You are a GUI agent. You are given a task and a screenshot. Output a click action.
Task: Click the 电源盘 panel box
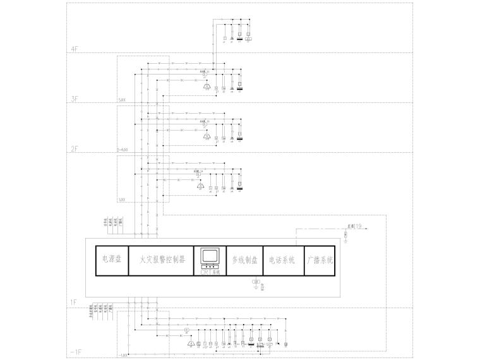pyautogui.click(x=111, y=260)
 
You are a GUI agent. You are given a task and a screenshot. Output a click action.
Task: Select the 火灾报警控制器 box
pyautogui.click(x=161, y=260)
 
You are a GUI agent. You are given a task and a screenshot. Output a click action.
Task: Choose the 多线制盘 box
pyautogui.click(x=244, y=260)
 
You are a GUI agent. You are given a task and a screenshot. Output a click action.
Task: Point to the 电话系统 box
pyautogui.click(x=282, y=260)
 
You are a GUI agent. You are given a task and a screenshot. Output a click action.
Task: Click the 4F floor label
pyautogui.click(x=75, y=49)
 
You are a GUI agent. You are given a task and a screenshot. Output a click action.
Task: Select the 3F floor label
pyautogui.click(x=75, y=99)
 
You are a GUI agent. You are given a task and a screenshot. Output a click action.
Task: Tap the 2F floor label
pyautogui.click(x=75, y=148)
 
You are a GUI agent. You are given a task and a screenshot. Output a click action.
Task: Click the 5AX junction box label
pyautogui.click(x=122, y=100)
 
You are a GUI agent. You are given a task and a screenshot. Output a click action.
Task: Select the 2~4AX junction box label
pyautogui.click(x=123, y=150)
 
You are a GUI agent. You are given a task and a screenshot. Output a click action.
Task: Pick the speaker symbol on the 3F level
pyautogui.click(x=206, y=87)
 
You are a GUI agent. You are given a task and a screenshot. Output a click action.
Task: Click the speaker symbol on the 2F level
pyautogui.click(x=206, y=136)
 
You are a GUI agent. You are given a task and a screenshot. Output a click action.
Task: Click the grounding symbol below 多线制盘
pyautogui.click(x=255, y=282)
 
